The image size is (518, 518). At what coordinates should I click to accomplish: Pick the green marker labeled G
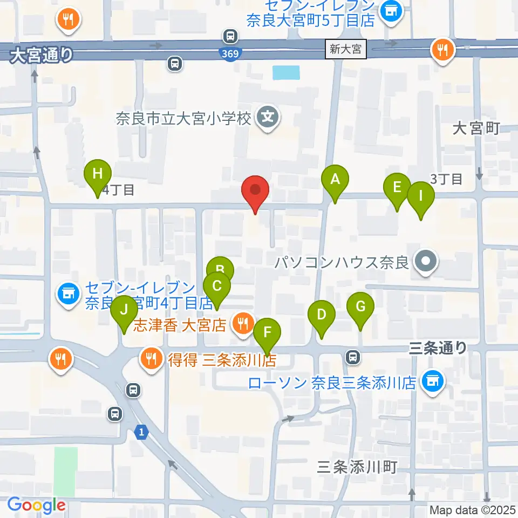pyautogui.click(x=360, y=306)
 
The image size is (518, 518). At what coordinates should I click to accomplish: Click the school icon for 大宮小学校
pyautogui.click(x=268, y=117)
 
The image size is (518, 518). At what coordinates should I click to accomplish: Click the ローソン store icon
pyautogui.click(x=433, y=381)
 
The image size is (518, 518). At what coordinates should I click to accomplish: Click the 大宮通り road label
pyautogui.click(x=41, y=55)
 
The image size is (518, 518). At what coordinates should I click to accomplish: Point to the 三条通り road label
pyautogui.click(x=438, y=348)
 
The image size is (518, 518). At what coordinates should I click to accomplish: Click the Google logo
pyautogui.click(x=36, y=505)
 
